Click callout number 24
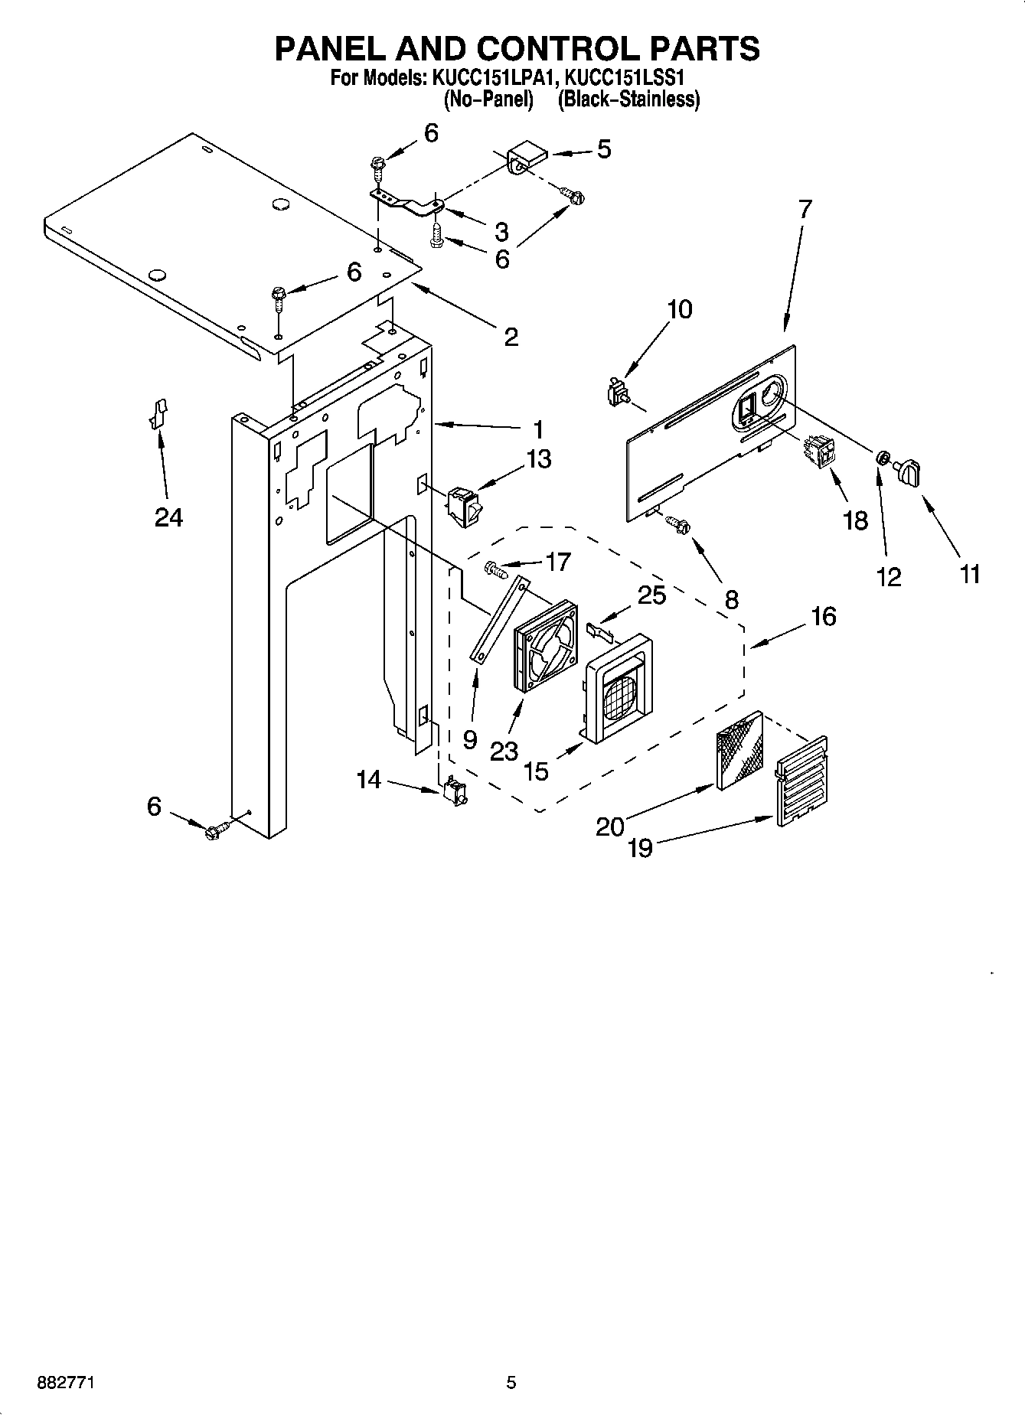coord(168,518)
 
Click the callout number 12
coord(889,577)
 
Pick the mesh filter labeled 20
coord(739,750)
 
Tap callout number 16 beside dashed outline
coord(824,616)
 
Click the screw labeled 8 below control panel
coord(678,523)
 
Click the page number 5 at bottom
coord(511,1383)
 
